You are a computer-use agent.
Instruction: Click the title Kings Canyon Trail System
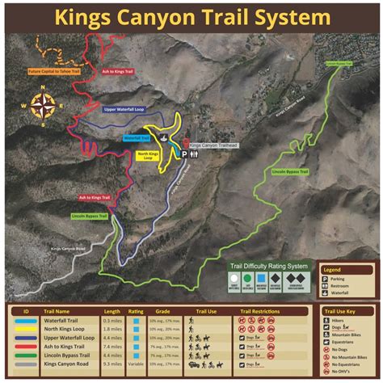[x=191, y=17]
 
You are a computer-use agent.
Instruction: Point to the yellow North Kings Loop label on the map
[x=148, y=155]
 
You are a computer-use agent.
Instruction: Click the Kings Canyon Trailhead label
[x=216, y=145]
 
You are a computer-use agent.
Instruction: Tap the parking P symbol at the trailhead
[x=183, y=154]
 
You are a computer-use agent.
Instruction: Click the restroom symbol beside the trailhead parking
[x=194, y=154]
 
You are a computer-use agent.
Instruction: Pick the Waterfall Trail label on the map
[x=137, y=138]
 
